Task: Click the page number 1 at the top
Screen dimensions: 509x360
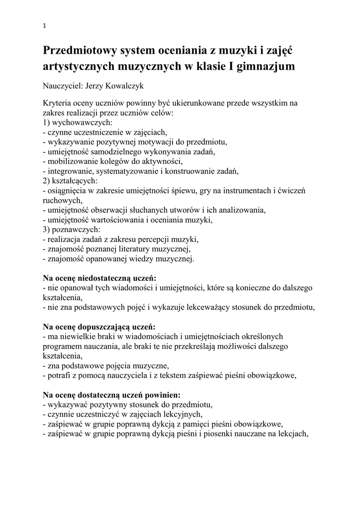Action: point(44,26)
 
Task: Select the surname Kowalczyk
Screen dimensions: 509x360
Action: point(123,85)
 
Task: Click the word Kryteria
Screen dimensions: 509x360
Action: point(57,103)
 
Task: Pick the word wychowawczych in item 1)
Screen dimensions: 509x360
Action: point(82,122)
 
